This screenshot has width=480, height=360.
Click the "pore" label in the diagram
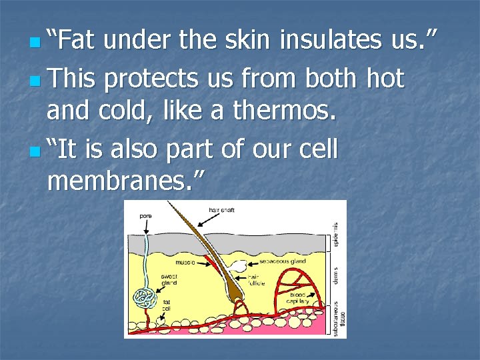pos(145,215)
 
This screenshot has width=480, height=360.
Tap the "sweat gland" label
pos(168,279)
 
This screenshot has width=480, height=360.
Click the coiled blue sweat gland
pos(143,297)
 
